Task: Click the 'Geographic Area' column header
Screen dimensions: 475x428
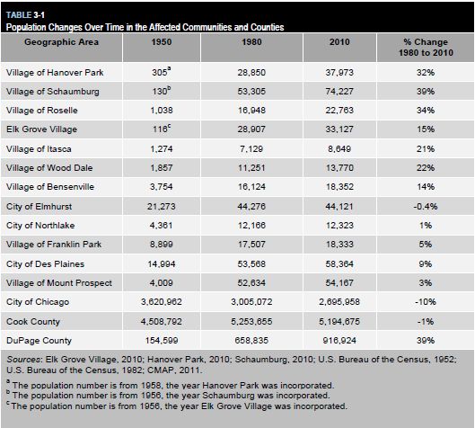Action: (x=61, y=42)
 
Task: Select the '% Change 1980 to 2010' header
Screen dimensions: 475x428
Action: (x=426, y=47)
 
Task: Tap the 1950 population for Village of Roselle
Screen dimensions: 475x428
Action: (x=162, y=110)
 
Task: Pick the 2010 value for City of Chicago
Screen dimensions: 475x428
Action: (x=339, y=302)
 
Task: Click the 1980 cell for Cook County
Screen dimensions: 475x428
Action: (x=251, y=322)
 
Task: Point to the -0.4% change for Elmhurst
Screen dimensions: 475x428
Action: (x=426, y=207)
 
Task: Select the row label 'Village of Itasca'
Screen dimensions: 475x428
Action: (x=39, y=149)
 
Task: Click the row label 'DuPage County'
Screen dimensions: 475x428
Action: (x=39, y=341)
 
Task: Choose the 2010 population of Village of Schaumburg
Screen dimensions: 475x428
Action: (x=339, y=92)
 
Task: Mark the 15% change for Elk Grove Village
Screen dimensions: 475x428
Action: (x=426, y=129)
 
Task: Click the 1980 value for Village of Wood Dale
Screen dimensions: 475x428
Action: (x=251, y=168)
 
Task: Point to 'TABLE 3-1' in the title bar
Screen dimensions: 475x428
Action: (x=25, y=14)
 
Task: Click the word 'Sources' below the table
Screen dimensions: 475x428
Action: (x=24, y=360)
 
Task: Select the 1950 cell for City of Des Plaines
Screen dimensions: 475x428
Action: (x=162, y=263)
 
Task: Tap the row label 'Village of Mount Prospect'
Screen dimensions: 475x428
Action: (x=59, y=283)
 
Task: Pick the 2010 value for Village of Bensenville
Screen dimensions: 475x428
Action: (x=339, y=186)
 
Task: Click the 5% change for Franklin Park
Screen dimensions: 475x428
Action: (x=426, y=245)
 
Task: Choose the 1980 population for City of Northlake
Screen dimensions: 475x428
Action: (x=251, y=226)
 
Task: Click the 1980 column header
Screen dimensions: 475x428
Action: (x=251, y=42)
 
